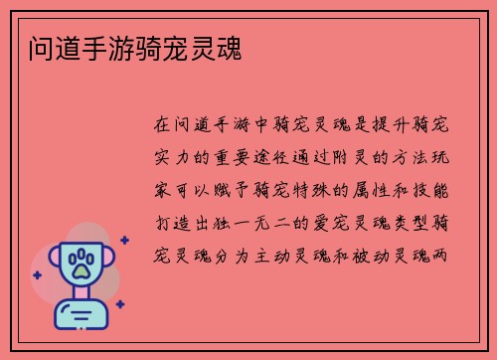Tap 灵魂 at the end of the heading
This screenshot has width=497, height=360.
pos(225,46)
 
